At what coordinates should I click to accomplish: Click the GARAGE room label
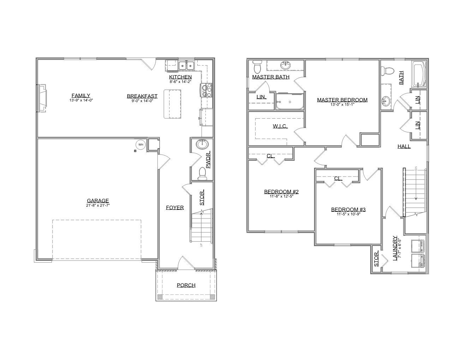point(98,201)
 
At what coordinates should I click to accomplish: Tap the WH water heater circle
point(141,144)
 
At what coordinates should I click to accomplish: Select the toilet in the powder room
point(202,174)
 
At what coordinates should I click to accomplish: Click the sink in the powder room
point(202,144)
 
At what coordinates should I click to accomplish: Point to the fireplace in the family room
point(42,98)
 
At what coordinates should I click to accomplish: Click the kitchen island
point(172,104)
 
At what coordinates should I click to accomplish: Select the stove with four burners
point(206,90)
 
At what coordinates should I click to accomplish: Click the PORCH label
point(186,285)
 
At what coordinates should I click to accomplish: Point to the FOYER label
point(175,207)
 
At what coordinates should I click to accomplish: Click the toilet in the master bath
point(257,66)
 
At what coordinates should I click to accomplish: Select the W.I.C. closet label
point(280,126)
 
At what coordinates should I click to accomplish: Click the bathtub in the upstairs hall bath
point(419,74)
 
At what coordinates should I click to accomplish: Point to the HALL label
point(404,146)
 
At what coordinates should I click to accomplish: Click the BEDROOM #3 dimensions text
point(348,214)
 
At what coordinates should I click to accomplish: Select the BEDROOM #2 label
point(281,192)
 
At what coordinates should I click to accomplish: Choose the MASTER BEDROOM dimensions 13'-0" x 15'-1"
point(342,104)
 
